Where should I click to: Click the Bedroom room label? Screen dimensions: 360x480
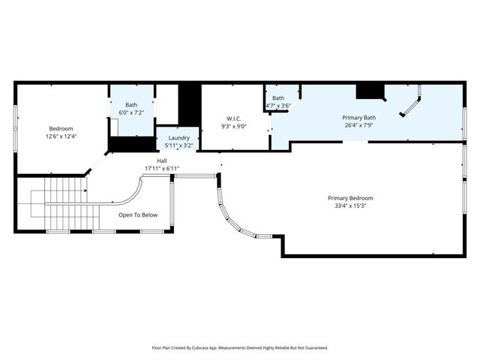(x=61, y=128)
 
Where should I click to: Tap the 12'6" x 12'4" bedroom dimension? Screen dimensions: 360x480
(x=61, y=136)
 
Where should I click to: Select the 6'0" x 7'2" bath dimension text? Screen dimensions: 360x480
(x=131, y=112)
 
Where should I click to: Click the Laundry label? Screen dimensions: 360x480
(x=178, y=138)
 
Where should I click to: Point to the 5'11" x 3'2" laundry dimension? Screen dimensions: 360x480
(x=178, y=145)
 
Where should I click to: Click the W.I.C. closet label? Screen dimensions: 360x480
(x=235, y=118)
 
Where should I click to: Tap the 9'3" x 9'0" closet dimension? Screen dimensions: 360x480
(x=235, y=127)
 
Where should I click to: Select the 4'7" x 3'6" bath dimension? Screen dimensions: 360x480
(x=278, y=106)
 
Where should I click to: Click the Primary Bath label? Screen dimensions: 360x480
(x=359, y=118)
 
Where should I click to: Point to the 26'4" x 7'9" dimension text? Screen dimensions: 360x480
(x=359, y=126)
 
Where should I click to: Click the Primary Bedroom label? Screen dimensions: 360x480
(x=350, y=198)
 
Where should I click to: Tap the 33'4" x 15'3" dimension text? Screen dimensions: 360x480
(x=350, y=206)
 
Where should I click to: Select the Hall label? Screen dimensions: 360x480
(x=162, y=160)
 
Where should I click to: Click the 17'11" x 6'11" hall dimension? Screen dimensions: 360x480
(x=162, y=169)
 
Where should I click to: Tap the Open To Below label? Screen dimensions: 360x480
(x=138, y=215)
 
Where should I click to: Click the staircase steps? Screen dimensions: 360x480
(x=65, y=204)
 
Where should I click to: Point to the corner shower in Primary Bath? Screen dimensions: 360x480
(x=411, y=103)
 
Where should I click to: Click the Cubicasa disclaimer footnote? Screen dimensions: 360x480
(x=240, y=348)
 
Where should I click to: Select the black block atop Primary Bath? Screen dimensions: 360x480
(x=370, y=91)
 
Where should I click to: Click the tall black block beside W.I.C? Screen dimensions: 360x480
(x=190, y=105)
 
